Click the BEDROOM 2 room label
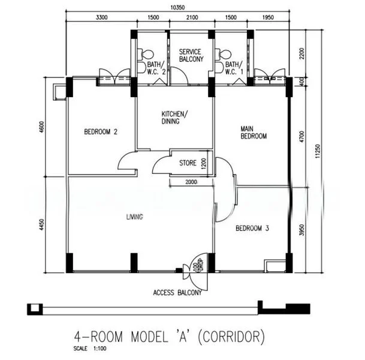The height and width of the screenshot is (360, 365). (100, 132)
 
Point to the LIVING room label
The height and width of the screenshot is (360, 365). (134, 217)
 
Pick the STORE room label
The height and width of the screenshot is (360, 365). (188, 163)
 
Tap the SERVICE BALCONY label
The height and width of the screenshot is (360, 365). (191, 55)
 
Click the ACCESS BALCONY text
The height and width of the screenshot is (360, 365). (177, 293)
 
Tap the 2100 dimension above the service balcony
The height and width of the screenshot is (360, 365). (191, 18)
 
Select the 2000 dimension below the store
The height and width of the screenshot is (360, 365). (191, 182)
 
